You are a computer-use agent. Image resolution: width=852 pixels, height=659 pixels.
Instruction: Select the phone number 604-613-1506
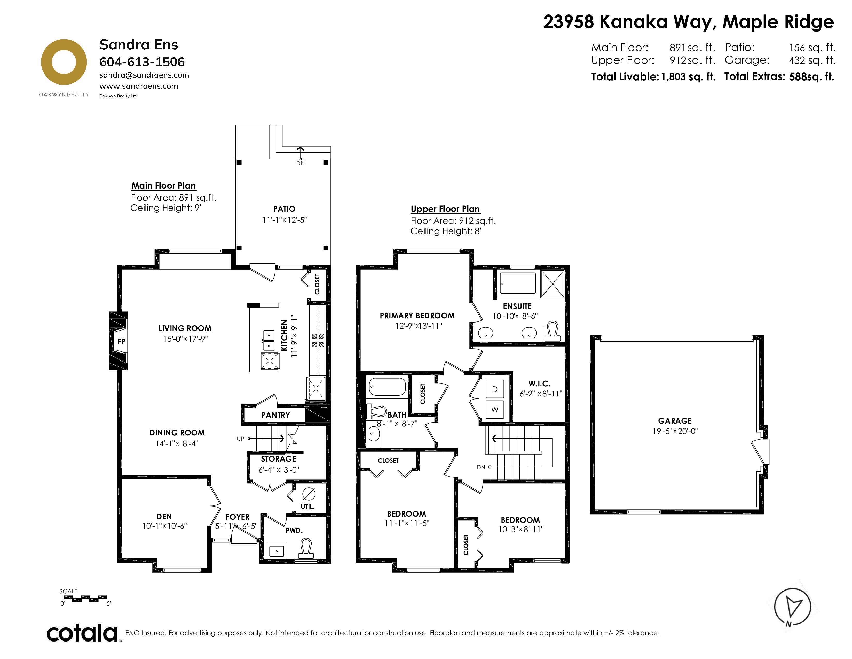pos(142,62)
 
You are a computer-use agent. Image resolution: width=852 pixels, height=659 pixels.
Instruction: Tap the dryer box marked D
pos(495,389)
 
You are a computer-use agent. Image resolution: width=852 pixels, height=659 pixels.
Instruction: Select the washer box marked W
pos(495,410)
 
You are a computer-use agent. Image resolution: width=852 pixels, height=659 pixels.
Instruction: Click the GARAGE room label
pos(675,420)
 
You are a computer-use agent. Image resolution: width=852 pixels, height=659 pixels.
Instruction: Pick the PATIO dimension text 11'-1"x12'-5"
pos(285,220)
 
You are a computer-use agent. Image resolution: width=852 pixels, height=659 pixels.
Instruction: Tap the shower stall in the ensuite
pos(553,284)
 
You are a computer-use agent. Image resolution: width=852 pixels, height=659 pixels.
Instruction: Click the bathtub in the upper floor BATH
pos(387,387)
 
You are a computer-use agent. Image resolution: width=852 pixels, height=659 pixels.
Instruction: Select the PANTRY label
pos(275,415)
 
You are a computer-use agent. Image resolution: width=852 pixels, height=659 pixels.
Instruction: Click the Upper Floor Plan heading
pos(445,209)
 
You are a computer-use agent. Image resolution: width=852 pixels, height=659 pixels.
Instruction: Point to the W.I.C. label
pos(540,384)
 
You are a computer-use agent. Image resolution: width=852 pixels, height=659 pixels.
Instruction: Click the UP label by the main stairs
pos(240,439)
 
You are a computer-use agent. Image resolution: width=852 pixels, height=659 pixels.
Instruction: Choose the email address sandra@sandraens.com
pos(144,75)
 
